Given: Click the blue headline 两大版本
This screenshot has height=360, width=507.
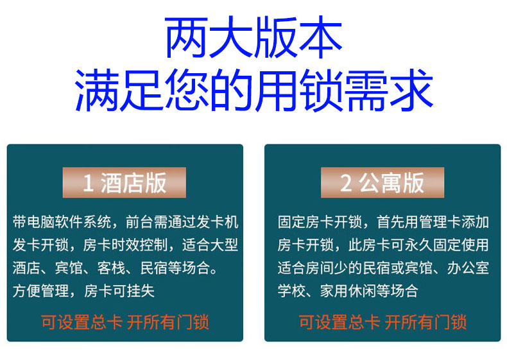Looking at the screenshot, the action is pyautogui.click(x=253, y=37).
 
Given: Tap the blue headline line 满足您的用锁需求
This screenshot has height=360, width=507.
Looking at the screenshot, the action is pyautogui.click(x=254, y=90).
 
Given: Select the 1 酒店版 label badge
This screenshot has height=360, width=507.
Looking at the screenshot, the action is pyautogui.click(x=124, y=182).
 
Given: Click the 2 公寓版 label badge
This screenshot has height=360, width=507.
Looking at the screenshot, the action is pyautogui.click(x=382, y=182).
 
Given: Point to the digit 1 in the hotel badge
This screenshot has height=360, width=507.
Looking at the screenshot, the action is pyautogui.click(x=89, y=183).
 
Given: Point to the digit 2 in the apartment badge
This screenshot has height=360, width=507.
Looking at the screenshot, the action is pyautogui.click(x=346, y=183).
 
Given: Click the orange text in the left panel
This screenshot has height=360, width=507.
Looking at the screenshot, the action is pyautogui.click(x=125, y=322).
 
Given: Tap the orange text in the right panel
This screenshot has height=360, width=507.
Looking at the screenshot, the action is pyautogui.click(x=382, y=322).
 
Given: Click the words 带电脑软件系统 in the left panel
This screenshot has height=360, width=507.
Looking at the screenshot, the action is pyautogui.click(x=62, y=222).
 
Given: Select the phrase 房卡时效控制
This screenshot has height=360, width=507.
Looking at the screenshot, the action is pyautogui.click(x=125, y=245).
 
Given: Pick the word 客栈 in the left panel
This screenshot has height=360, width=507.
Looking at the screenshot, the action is pyautogui.click(x=112, y=268).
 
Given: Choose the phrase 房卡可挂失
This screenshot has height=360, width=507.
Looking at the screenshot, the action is pyautogui.click(x=119, y=291).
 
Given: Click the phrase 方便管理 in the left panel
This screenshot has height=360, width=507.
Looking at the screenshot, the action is pyautogui.click(x=40, y=291).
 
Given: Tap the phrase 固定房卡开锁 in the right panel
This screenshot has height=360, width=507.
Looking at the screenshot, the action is pyautogui.click(x=320, y=222).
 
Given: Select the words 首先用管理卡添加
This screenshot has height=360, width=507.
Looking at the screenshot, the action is pyautogui.click(x=433, y=222).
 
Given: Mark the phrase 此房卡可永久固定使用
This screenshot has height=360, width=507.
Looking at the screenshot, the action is pyautogui.click(x=418, y=245).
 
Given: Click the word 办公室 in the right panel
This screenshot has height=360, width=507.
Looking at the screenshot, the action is pyautogui.click(x=468, y=268).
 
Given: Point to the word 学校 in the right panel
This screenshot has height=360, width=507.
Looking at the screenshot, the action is pyautogui.click(x=291, y=291).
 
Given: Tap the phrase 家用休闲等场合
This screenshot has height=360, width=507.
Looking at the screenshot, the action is pyautogui.click(x=369, y=291).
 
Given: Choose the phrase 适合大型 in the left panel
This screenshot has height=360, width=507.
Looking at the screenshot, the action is pyautogui.click(x=210, y=245).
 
